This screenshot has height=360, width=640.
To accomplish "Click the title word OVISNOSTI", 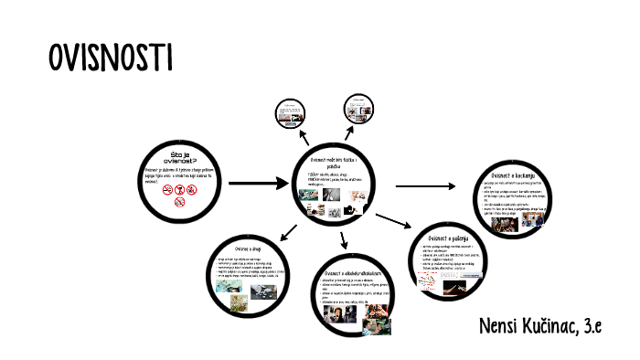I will (110, 58).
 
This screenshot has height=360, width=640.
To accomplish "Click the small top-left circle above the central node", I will (293, 114).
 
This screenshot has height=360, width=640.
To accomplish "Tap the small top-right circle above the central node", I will (360, 110).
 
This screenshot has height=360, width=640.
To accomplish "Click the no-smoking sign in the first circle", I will (166, 191).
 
